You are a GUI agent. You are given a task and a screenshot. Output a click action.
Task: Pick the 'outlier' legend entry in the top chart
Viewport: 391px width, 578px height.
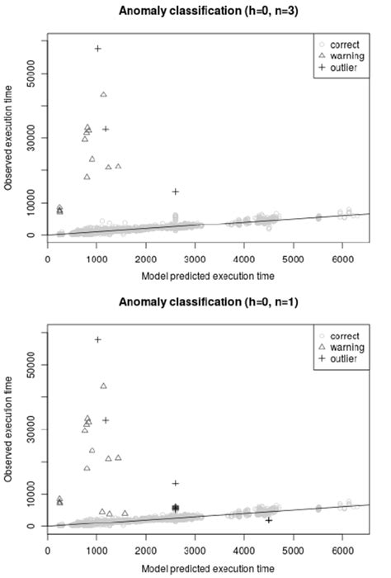pyautogui.click(x=345, y=66)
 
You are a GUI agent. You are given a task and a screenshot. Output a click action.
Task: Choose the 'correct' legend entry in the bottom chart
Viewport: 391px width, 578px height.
pyautogui.click(x=345, y=334)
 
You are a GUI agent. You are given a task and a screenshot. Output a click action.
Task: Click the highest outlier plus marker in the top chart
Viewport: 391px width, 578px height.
pyautogui.click(x=97, y=49)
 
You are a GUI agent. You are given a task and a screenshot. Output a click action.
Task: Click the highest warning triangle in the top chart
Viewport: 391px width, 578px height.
pyautogui.click(x=103, y=94)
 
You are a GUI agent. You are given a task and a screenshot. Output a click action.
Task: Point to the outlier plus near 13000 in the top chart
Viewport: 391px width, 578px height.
pyautogui.click(x=175, y=192)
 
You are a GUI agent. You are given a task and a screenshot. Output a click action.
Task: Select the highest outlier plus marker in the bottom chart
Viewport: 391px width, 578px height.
pyautogui.click(x=97, y=339)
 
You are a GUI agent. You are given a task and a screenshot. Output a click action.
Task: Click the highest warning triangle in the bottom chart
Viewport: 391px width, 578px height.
pyautogui.click(x=103, y=386)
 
